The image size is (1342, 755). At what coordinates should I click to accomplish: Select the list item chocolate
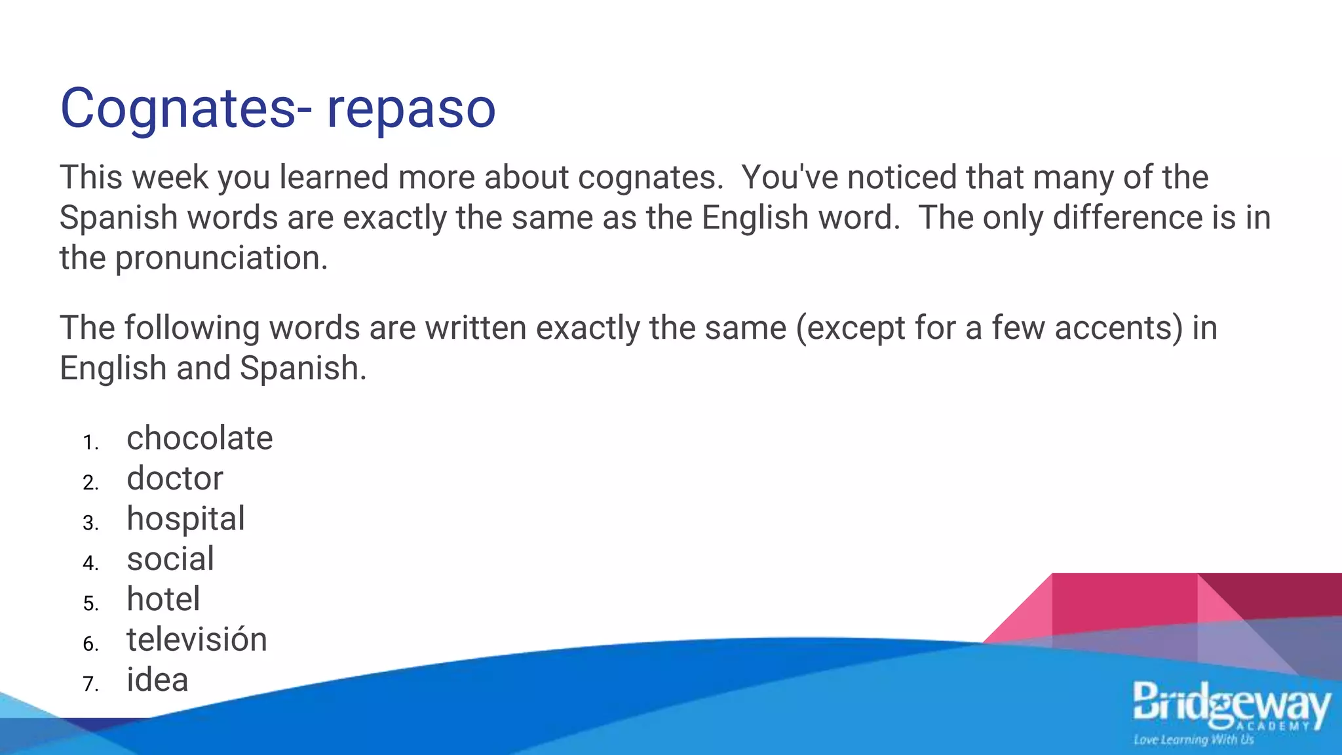(x=200, y=438)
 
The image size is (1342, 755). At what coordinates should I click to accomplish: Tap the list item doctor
(x=175, y=478)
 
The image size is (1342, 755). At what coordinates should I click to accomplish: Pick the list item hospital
(x=186, y=519)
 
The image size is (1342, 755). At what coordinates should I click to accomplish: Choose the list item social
(x=170, y=559)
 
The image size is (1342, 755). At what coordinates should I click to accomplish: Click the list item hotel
(x=163, y=599)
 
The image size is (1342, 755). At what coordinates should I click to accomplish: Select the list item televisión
(x=197, y=639)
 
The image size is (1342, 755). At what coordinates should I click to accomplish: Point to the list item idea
(x=157, y=680)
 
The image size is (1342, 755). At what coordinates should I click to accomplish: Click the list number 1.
(x=90, y=443)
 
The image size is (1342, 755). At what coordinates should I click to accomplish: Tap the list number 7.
(x=90, y=684)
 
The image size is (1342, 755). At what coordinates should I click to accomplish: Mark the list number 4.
(x=90, y=564)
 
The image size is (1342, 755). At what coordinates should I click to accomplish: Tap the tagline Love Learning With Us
(x=1193, y=740)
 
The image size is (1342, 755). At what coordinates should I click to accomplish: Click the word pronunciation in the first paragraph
(x=221, y=258)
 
